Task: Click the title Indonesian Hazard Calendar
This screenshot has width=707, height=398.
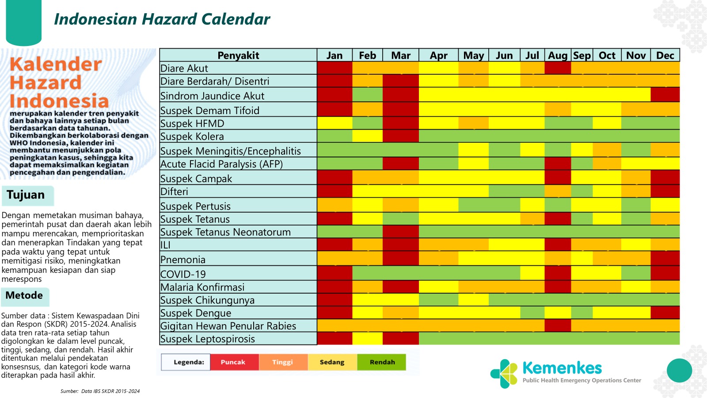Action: [162, 19]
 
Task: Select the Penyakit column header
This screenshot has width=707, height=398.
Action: [238, 55]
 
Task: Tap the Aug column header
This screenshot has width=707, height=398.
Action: [558, 55]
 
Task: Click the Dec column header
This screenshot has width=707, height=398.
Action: [665, 55]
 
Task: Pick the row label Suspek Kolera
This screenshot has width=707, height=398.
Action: [192, 137]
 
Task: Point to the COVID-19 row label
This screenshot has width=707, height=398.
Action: [183, 274]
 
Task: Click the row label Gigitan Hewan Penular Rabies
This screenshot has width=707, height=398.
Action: [228, 325]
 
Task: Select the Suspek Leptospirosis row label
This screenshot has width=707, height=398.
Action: [207, 339]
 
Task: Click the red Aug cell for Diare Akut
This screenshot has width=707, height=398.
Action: [558, 68]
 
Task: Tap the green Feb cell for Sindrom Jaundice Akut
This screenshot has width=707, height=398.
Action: [367, 95]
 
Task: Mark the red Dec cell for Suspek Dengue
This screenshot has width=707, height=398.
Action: [665, 313]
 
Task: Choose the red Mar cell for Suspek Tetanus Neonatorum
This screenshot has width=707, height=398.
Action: [400, 232]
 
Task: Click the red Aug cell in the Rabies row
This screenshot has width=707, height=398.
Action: [558, 325]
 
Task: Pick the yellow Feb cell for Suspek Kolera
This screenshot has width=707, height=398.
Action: [367, 136]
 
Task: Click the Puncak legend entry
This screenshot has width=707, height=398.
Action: [233, 362]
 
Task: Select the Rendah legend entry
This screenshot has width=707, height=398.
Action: [382, 362]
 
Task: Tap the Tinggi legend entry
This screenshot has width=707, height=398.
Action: [282, 362]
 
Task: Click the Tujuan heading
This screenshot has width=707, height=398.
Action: [26, 195]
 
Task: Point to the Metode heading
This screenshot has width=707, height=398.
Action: [24, 295]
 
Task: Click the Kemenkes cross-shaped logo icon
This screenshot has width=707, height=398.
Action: [504, 373]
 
